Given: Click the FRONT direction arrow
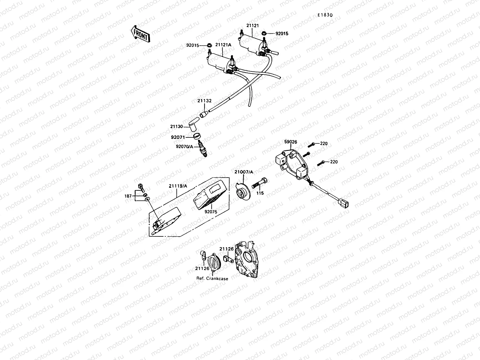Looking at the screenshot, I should pyautogui.click(x=140, y=33).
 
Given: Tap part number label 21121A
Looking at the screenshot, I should pyautogui.click(x=223, y=45).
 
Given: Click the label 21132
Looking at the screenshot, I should pyautogui.click(x=204, y=101).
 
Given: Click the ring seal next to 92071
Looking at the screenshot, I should pyautogui.click(x=197, y=136).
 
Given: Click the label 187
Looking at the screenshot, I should pyautogui.click(x=128, y=196).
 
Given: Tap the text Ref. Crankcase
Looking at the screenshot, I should pyautogui.click(x=212, y=279).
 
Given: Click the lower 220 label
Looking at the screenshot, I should pyautogui.click(x=334, y=162).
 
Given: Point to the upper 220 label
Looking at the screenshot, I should pyautogui.click(x=324, y=144).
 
